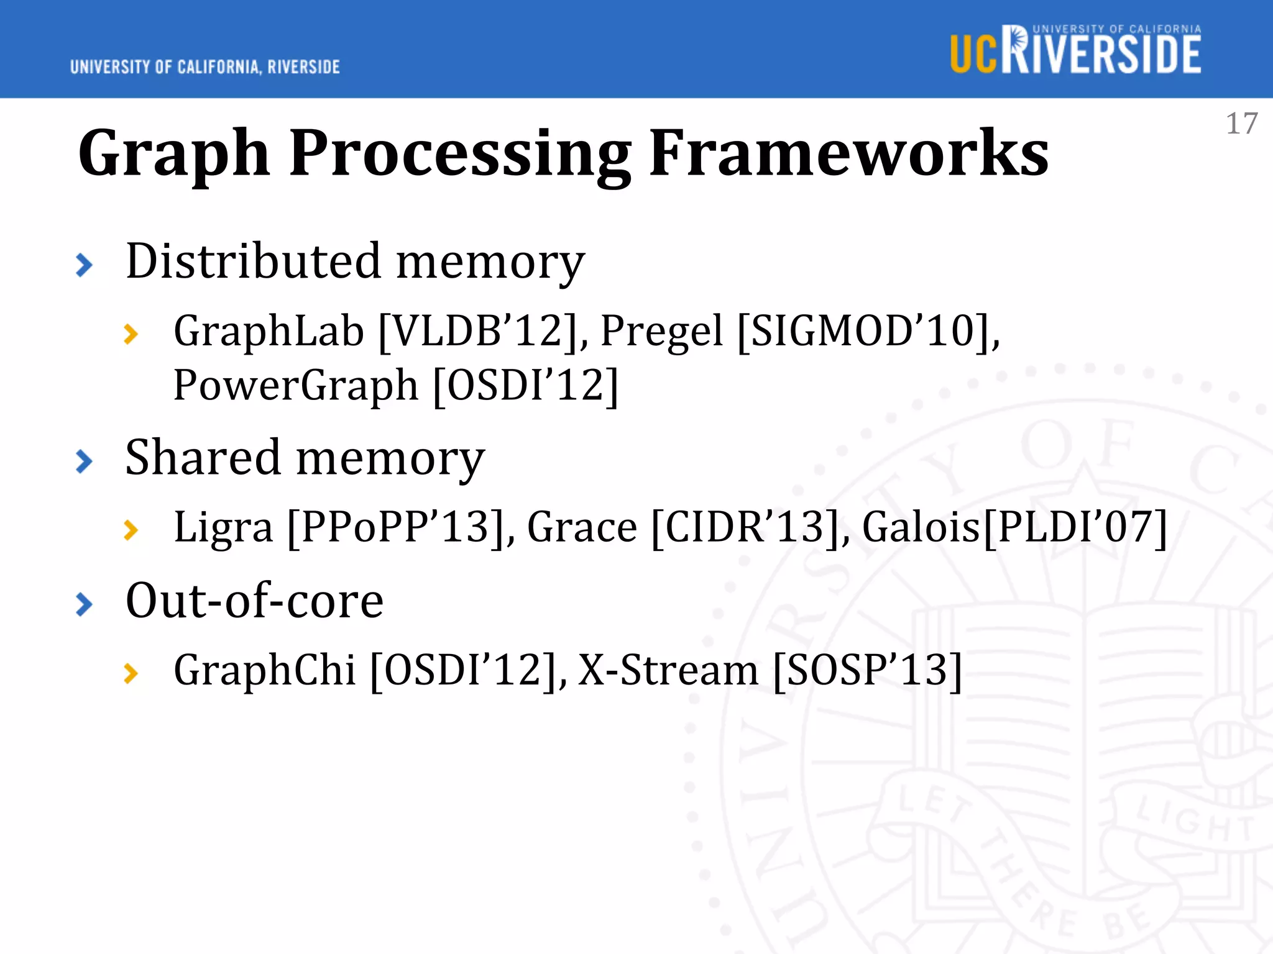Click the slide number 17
[1241, 124]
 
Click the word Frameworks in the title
[848, 153]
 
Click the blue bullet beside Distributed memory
[84, 265]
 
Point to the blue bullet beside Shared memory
[84, 461]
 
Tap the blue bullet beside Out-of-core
[84, 604]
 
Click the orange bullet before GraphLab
[131, 334]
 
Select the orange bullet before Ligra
[131, 530]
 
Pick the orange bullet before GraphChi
[131, 673]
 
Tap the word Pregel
[661, 330]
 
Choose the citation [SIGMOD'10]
[867, 330]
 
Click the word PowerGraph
[295, 385]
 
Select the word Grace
[582, 527]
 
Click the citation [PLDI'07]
[1075, 527]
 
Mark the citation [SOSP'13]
[867, 670]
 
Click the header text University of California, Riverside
[205, 67]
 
